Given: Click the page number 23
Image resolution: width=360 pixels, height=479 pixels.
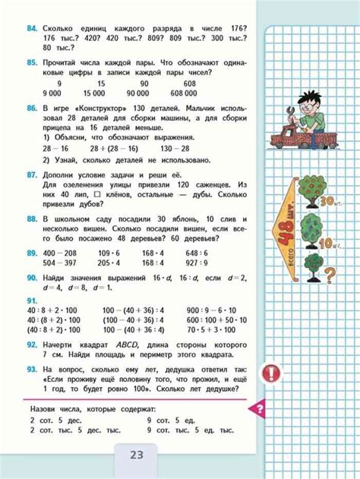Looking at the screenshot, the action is coord(137,456).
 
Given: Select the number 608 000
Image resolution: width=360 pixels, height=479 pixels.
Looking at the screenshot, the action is coord(200,93).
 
